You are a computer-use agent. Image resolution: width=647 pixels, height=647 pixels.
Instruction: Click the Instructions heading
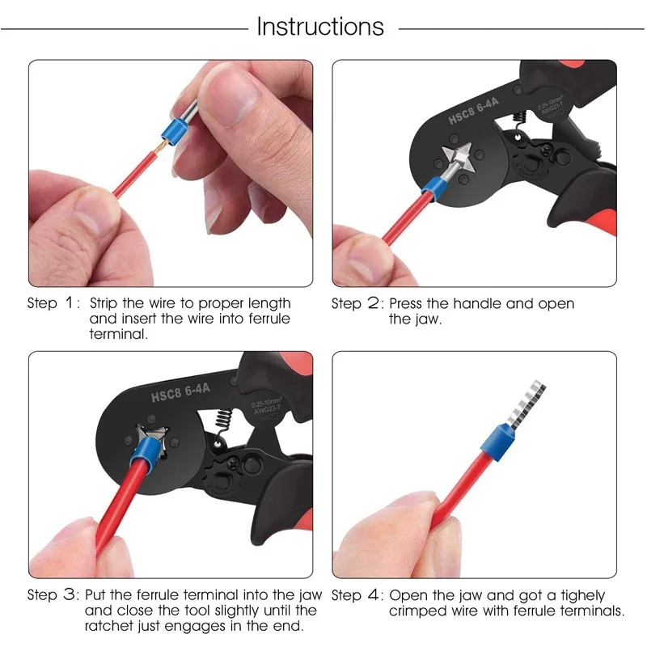320,27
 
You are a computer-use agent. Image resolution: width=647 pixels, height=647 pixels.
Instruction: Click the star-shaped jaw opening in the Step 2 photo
457,158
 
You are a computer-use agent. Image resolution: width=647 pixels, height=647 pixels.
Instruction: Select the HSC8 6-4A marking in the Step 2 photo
473,111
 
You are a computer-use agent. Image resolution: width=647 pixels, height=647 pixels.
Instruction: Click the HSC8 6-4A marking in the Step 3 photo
180,392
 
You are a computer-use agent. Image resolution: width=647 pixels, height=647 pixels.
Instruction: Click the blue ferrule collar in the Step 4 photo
497,442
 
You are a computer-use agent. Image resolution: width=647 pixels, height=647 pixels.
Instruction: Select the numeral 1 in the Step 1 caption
69,302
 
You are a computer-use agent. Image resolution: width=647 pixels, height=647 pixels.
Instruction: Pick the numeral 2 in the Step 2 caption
373,302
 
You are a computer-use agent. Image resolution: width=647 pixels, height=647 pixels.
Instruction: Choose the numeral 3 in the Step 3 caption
69,594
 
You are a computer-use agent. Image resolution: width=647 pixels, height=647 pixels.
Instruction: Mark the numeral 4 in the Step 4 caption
374,594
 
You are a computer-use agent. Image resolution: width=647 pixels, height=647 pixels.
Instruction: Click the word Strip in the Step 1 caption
104,303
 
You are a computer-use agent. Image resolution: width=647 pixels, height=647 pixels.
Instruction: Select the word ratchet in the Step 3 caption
110,625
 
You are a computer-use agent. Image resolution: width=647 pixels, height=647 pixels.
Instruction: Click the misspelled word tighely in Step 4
582,596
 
